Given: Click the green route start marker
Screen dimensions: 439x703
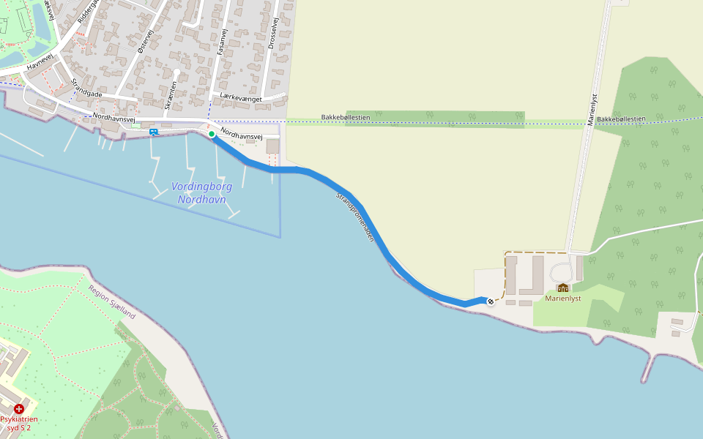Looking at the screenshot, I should click(x=212, y=134).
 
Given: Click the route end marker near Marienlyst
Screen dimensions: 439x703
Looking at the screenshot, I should click(x=490, y=301).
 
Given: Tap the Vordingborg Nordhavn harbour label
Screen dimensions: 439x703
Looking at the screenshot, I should click(x=201, y=192).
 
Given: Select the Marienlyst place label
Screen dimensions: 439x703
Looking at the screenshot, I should click(x=563, y=299).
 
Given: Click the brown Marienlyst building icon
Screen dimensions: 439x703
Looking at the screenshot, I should click(x=563, y=288).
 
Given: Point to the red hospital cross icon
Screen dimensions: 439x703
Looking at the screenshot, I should click(x=19, y=409).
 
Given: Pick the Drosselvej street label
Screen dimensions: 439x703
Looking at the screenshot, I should click(x=272, y=34).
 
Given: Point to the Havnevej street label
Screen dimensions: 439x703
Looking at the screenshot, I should click(x=40, y=60).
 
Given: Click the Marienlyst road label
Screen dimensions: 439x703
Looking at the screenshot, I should click(x=592, y=110).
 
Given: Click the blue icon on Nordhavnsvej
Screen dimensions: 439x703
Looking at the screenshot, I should click(x=154, y=132).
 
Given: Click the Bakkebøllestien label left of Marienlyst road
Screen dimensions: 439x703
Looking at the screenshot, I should click(x=346, y=117).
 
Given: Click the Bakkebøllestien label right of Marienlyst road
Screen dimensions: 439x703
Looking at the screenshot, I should click(x=621, y=119).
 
